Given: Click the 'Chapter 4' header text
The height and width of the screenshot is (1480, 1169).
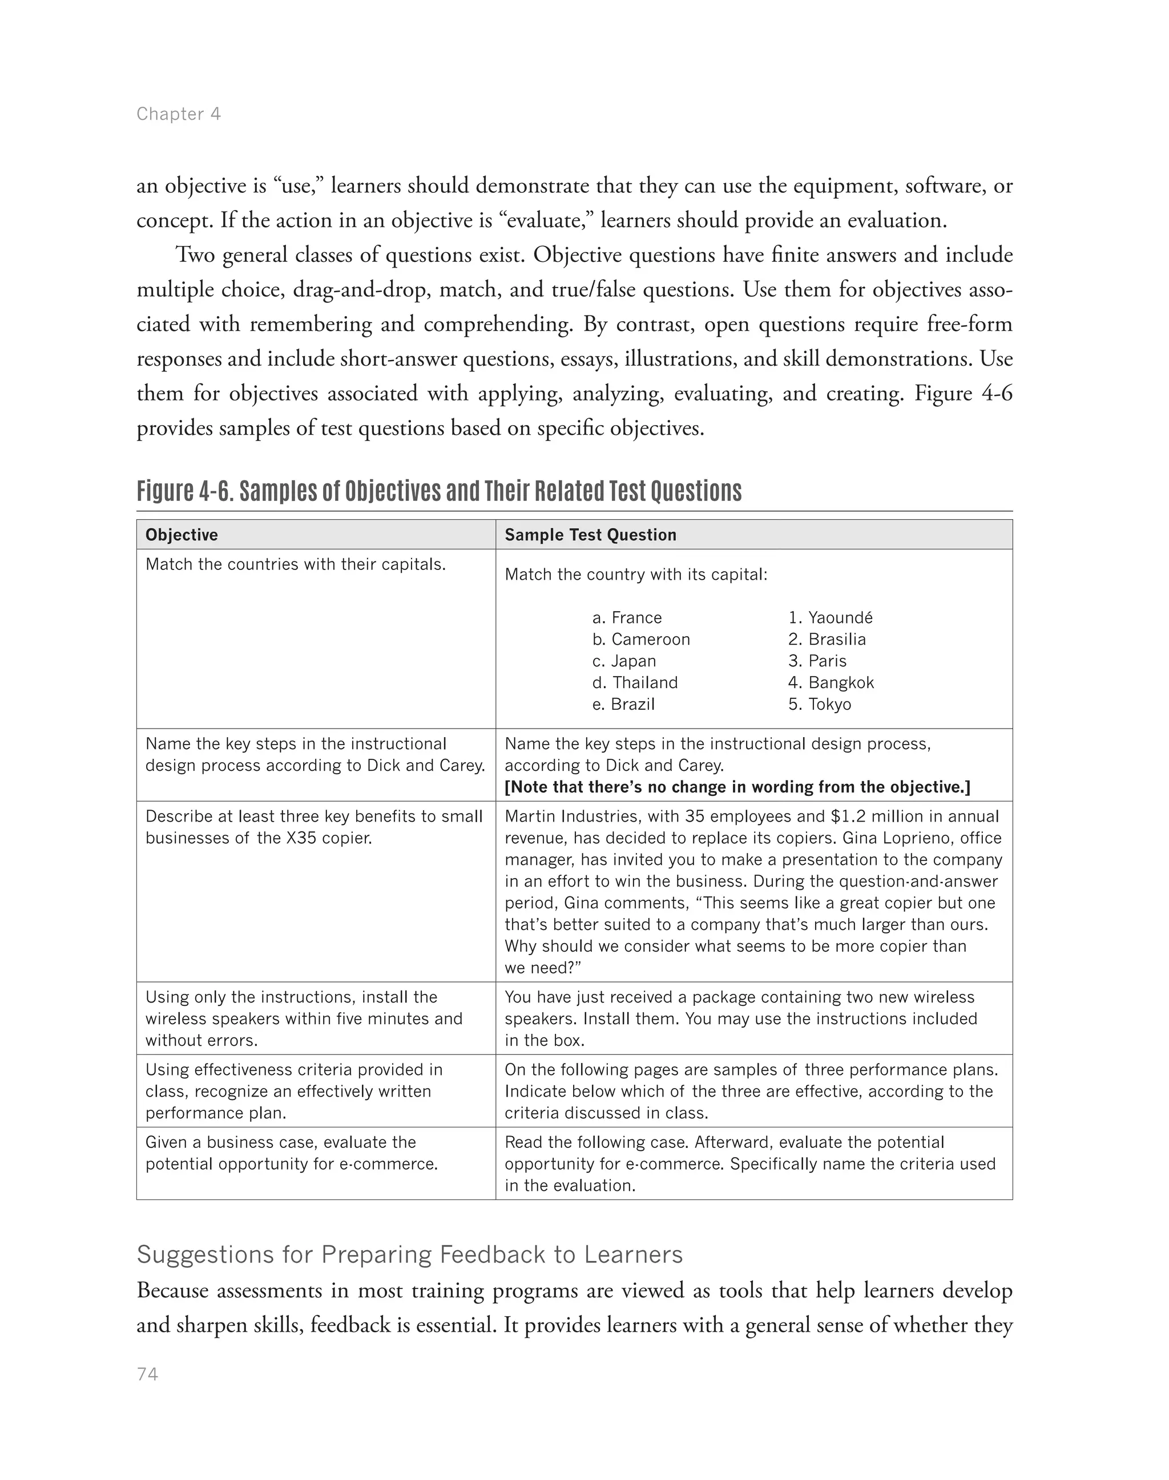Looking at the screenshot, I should (178, 114).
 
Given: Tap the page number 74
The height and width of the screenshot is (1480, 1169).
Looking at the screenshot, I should (147, 1374).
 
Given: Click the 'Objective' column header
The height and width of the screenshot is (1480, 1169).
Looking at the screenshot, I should (182, 535).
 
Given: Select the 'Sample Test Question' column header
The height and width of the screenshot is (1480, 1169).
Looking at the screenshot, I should (590, 535).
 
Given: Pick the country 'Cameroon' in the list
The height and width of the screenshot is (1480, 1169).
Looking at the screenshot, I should (650, 639).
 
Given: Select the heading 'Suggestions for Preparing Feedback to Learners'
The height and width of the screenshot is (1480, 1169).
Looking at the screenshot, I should (409, 1254).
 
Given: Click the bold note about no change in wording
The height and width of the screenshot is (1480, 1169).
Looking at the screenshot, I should (737, 787).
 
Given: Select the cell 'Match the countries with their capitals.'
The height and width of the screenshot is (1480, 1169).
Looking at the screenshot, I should (295, 564).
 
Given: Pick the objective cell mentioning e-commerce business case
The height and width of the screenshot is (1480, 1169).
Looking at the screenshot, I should (291, 1153).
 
